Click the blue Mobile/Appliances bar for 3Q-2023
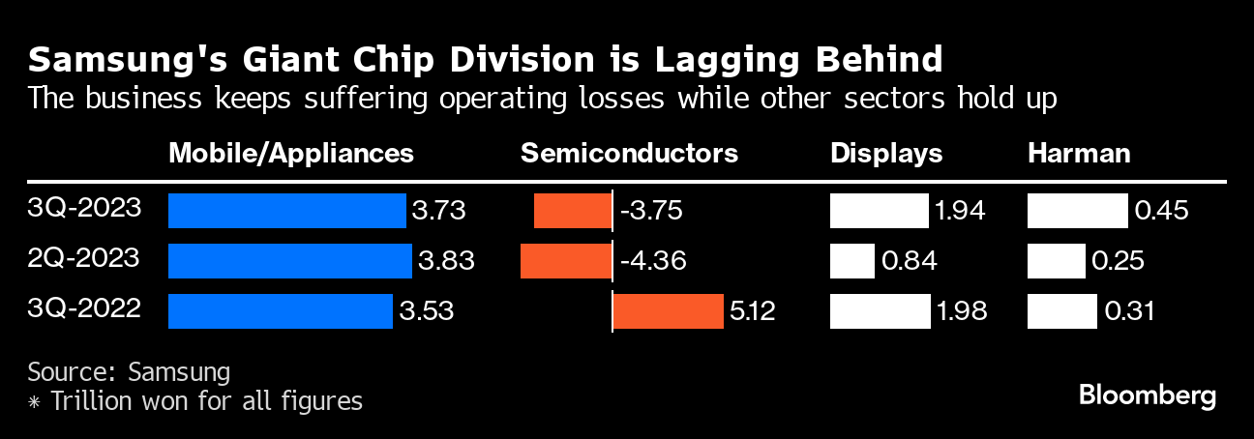[286, 211]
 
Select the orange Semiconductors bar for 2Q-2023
[566, 260]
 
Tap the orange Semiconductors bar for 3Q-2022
[668, 311]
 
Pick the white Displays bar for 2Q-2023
[851, 260]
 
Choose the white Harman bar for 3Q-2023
[1077, 211]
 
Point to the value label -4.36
[649, 260]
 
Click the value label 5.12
[753, 311]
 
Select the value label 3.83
[446, 260]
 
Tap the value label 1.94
[960, 211]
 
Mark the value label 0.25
[1119, 260]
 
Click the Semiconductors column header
[629, 153]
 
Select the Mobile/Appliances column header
[291, 153]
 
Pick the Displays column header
[886, 153]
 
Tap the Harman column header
[1079, 153]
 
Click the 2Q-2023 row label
[85, 258]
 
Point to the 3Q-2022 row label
[85, 309]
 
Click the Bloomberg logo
[1148, 395]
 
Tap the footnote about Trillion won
[194, 400]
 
